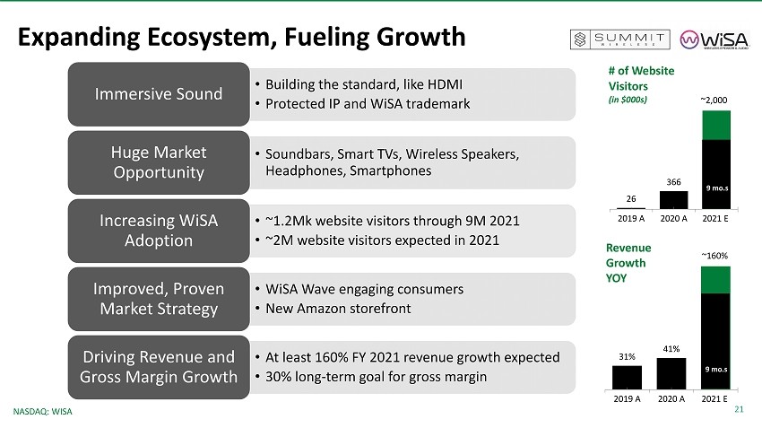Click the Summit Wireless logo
(x=619, y=39)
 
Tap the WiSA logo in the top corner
(x=714, y=39)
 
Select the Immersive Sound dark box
(x=159, y=94)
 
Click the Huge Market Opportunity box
(x=159, y=162)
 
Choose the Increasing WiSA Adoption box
(x=159, y=231)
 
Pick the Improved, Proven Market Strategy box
(x=159, y=299)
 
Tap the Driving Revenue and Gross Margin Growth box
(x=159, y=367)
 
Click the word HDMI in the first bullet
(x=445, y=84)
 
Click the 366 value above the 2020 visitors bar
(x=673, y=182)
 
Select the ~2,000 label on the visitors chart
(x=714, y=100)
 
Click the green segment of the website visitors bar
(x=716, y=126)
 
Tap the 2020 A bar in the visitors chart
(x=673, y=200)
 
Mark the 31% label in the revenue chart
(x=627, y=357)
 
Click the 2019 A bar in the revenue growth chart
(x=627, y=378)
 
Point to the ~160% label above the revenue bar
(x=714, y=256)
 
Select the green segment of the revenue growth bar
(x=715, y=280)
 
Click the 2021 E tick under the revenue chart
(x=714, y=398)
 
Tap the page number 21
(x=739, y=409)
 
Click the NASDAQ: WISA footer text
(x=43, y=412)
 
